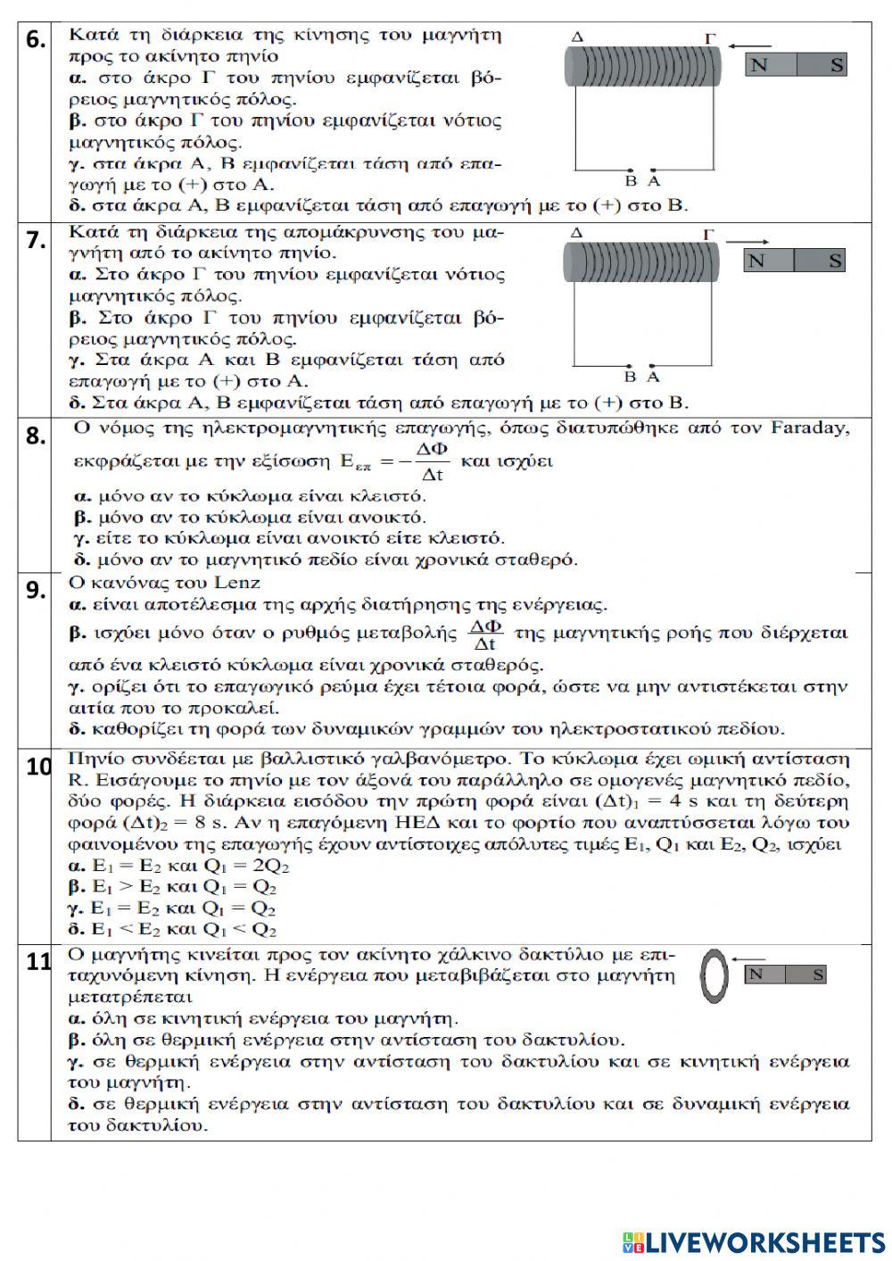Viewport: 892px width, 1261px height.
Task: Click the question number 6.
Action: pos(35,41)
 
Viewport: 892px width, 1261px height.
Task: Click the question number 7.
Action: pos(35,240)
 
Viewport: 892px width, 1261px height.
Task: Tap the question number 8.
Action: pos(35,436)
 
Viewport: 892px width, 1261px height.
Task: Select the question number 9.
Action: pos(35,590)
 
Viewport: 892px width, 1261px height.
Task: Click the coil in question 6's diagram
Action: pos(641,66)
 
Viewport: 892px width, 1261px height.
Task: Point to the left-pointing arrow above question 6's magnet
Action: pos(748,42)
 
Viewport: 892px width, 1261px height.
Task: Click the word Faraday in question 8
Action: pos(812,427)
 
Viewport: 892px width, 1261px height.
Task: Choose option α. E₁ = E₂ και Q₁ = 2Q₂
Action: pos(178,866)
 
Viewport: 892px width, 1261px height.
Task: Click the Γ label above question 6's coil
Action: pos(710,38)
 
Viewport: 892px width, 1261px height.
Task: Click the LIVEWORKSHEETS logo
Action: pos(754,1242)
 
